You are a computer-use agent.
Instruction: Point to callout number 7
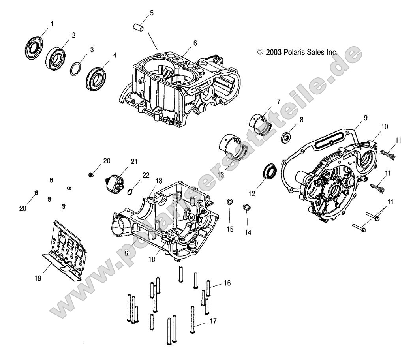(279, 101)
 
